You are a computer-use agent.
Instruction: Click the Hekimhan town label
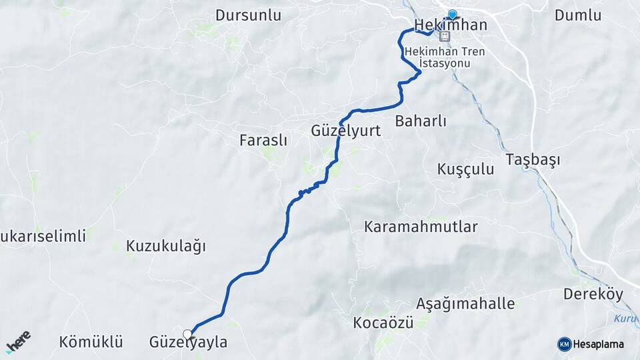pyautogui.click(x=451, y=25)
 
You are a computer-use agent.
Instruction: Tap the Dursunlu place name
pyautogui.click(x=248, y=15)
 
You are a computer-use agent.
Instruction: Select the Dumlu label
pyautogui.click(x=577, y=15)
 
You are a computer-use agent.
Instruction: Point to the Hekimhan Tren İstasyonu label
pyautogui.click(x=445, y=57)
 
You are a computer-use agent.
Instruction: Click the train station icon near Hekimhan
pyautogui.click(x=445, y=37)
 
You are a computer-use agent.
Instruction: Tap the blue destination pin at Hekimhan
pyautogui.click(x=453, y=15)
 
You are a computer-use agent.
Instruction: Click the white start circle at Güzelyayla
pyautogui.click(x=187, y=333)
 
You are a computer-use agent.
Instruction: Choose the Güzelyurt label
pyautogui.click(x=345, y=131)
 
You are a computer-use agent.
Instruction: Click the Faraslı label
pyautogui.click(x=263, y=140)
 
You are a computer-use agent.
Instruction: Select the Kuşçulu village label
pyautogui.click(x=466, y=169)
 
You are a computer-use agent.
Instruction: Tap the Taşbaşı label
pyautogui.click(x=533, y=160)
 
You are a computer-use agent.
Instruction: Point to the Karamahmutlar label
pyautogui.click(x=421, y=227)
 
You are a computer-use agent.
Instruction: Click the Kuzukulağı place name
pyautogui.click(x=166, y=245)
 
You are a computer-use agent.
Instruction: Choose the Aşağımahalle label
pyautogui.click(x=465, y=304)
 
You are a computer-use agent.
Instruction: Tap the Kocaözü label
pyautogui.click(x=383, y=323)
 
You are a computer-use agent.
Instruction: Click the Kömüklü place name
pyautogui.click(x=91, y=343)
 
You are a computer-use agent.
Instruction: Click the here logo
pyautogui.click(x=18, y=341)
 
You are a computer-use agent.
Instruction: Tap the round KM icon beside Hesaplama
pyautogui.click(x=564, y=344)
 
